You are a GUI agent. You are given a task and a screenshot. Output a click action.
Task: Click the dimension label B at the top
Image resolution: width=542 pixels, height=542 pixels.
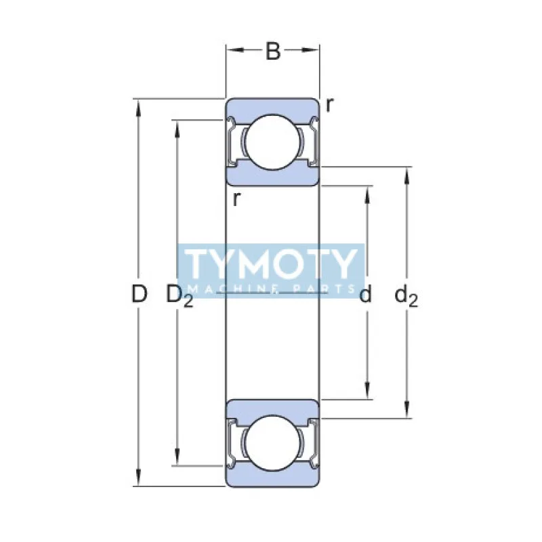coord(272,51)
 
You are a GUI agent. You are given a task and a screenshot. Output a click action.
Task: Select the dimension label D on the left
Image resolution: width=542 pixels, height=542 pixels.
coord(139,294)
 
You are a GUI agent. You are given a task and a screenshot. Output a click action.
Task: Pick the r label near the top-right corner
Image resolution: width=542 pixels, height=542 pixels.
coord(329,104)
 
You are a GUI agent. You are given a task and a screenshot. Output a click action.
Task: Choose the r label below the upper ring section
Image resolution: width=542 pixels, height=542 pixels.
coord(236,199)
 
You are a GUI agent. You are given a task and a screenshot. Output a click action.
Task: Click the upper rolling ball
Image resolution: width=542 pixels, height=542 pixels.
coord(272,142)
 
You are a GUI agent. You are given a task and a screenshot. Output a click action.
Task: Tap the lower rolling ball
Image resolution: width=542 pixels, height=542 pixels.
coord(272,442)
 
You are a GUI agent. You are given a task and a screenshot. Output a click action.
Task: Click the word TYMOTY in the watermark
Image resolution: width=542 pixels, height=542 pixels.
coord(271,264)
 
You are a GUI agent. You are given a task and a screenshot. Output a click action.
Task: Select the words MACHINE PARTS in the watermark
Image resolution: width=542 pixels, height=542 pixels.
coord(271,289)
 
